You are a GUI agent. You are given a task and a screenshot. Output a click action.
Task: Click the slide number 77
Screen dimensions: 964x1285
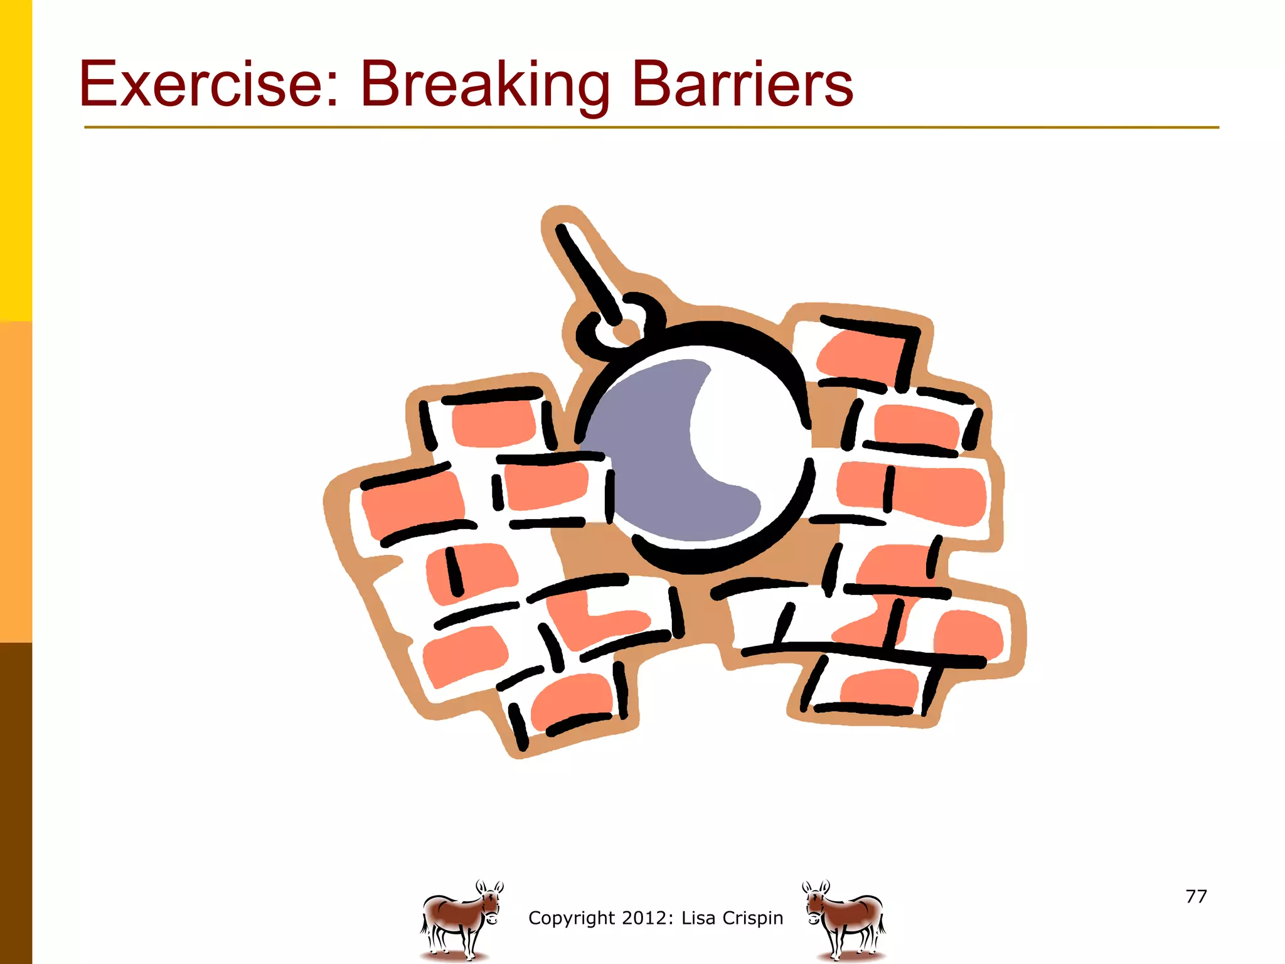click(1196, 896)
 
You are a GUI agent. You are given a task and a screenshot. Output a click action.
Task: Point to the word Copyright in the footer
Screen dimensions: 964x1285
click(571, 918)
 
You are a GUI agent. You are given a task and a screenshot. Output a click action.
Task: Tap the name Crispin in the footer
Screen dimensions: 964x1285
click(752, 918)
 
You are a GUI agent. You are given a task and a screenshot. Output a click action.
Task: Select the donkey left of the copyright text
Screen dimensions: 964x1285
click(461, 920)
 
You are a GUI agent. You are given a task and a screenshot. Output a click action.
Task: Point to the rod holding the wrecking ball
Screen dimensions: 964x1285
click(587, 270)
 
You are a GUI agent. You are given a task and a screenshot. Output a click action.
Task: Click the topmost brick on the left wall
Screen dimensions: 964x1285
click(493, 424)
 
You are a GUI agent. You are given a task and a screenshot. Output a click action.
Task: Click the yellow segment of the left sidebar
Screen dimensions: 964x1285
click(16, 157)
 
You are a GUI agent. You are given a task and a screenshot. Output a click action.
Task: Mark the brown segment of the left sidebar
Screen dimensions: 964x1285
click(16, 803)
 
